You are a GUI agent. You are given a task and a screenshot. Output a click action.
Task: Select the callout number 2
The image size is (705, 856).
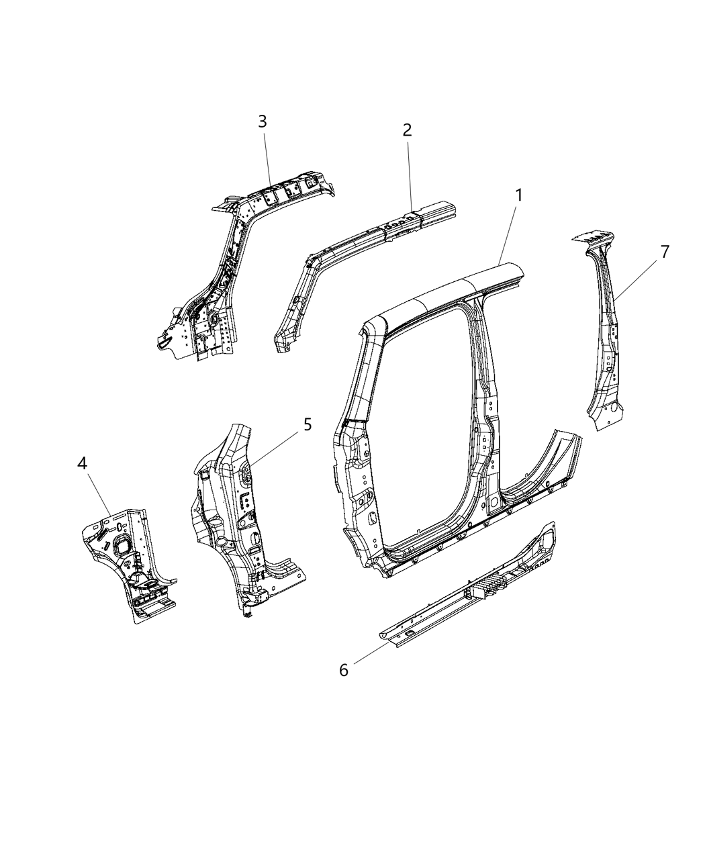coord(407,130)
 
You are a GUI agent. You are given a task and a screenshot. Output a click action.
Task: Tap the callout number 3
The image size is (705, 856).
coord(263,122)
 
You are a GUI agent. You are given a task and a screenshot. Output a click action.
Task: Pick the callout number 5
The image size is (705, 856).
coord(307,424)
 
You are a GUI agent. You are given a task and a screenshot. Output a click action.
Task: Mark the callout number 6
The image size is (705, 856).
coord(344,670)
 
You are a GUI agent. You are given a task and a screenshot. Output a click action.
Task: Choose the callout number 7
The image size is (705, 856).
coord(664,252)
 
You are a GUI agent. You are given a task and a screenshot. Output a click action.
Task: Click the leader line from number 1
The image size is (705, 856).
coord(508,232)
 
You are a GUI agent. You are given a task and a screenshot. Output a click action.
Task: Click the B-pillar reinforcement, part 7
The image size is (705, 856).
coord(604,349)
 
